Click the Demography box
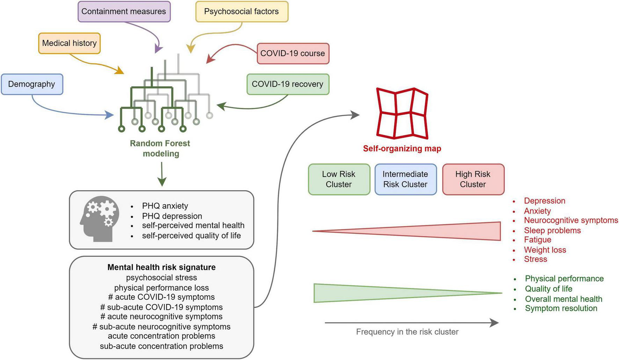(32, 84)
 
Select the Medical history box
(69, 43)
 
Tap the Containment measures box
(124, 12)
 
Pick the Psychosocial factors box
(241, 12)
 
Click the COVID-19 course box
(293, 53)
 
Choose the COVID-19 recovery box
(287, 84)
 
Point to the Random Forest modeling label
(160, 149)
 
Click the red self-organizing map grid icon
(402, 113)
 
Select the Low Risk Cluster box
(338, 179)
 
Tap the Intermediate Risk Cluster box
(405, 179)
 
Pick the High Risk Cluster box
(473, 179)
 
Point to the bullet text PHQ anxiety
(165, 206)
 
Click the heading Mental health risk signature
(161, 267)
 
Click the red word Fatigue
(538, 240)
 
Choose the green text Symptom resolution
(561, 308)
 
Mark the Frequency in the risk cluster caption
(407, 332)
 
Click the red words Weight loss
(545, 250)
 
